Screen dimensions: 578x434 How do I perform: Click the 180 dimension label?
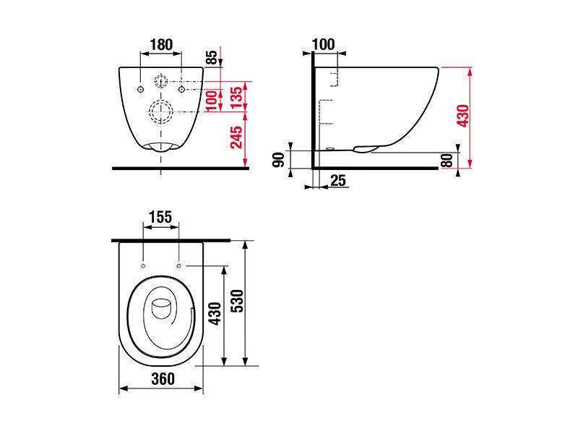point(161,45)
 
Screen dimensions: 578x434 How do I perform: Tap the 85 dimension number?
point(212,58)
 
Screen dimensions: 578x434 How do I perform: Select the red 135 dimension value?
point(237,97)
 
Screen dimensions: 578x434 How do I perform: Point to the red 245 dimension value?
point(237,137)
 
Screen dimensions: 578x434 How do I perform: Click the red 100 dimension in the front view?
point(212,100)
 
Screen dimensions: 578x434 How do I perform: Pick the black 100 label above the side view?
point(323,44)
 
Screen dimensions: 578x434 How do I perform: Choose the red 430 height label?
point(463,116)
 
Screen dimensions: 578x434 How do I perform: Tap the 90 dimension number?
point(279,159)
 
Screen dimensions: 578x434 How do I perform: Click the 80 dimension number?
point(447,161)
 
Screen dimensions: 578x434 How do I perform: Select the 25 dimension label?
point(337,180)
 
